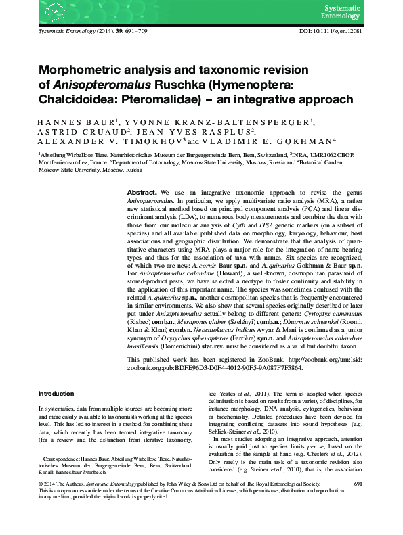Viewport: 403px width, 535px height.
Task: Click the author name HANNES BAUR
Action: (70, 122)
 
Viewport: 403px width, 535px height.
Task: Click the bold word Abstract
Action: (142, 193)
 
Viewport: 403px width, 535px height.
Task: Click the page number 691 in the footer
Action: (358, 503)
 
